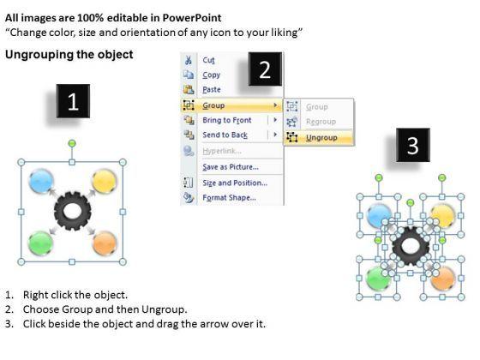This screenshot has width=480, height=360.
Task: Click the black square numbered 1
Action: pyautogui.click(x=73, y=101)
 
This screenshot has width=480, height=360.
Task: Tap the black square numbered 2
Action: pyautogui.click(x=265, y=69)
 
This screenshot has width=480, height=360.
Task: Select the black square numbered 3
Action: pyautogui.click(x=413, y=145)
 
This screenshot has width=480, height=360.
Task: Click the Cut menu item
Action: pyautogui.click(x=208, y=60)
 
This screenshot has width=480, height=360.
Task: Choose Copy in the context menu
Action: pyautogui.click(x=211, y=75)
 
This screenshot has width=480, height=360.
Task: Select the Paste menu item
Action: pyautogui.click(x=212, y=89)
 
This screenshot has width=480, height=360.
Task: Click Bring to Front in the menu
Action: pyautogui.click(x=227, y=120)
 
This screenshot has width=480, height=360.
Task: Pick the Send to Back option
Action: pyautogui.click(x=225, y=135)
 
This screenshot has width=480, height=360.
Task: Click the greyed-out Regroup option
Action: pyautogui.click(x=321, y=122)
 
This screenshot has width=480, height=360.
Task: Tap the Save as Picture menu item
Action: pyautogui.click(x=231, y=167)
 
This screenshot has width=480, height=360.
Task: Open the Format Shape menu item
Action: pyautogui.click(x=230, y=197)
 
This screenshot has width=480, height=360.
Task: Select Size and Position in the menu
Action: pyautogui.click(x=235, y=183)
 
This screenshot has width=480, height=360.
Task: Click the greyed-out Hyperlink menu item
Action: pyautogui.click(x=222, y=151)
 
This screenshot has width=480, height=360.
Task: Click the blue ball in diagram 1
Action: pyautogui.click(x=41, y=181)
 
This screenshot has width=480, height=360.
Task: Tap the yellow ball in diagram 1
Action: pyautogui.click(x=104, y=181)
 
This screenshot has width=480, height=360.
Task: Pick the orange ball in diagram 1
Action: pyautogui.click(x=105, y=243)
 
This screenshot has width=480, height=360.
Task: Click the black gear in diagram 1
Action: pyautogui.click(x=73, y=211)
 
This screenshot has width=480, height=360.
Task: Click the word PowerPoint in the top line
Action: pyautogui.click(x=192, y=18)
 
